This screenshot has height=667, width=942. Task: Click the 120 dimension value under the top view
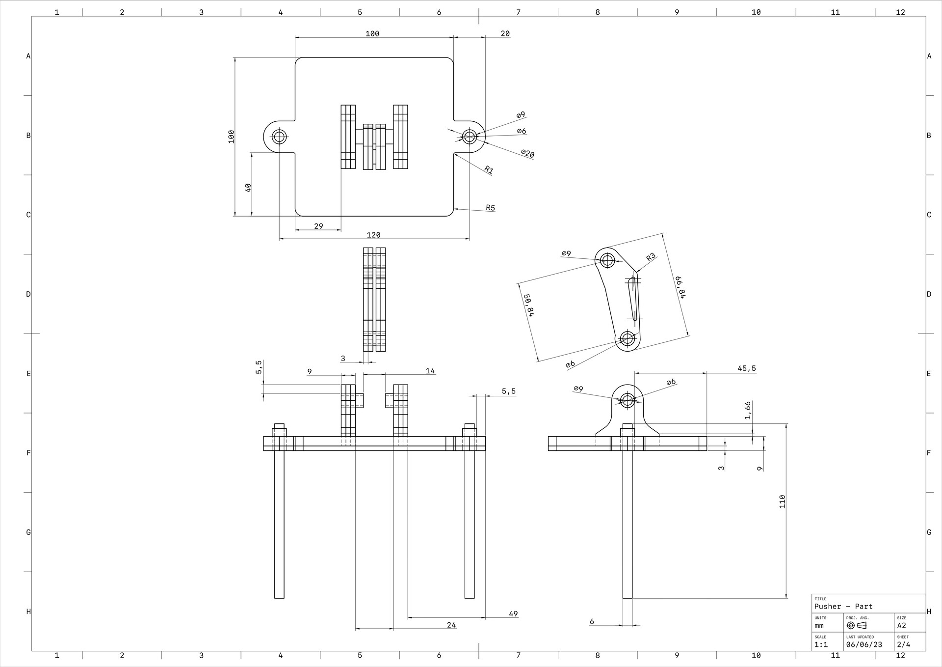pyautogui.click(x=373, y=235)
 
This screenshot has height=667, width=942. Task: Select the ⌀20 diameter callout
pyautogui.click(x=527, y=154)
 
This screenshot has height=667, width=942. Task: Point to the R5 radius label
pyautogui.click(x=490, y=207)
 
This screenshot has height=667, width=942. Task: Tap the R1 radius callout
pyautogui.click(x=489, y=170)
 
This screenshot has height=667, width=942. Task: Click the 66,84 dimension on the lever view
pyautogui.click(x=680, y=287)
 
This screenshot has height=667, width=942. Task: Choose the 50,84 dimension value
pyautogui.click(x=529, y=305)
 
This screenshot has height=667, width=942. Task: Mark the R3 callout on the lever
pyautogui.click(x=651, y=257)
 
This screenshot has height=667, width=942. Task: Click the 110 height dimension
pyautogui.click(x=782, y=501)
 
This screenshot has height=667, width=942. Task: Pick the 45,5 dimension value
pyautogui.click(x=747, y=368)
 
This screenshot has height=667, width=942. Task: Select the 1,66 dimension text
pyautogui.click(x=747, y=410)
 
